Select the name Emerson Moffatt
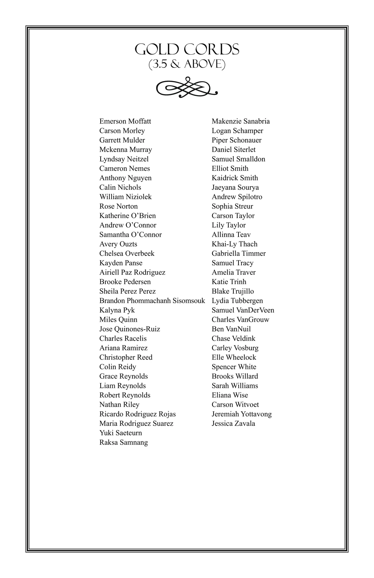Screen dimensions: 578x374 (125, 121)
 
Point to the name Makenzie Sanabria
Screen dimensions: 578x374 (241, 121)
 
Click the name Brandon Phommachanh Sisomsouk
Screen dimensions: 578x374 (152, 301)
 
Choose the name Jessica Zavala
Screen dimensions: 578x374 (233, 423)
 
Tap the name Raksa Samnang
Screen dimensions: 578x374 (123, 442)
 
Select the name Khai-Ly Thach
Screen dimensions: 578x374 (234, 244)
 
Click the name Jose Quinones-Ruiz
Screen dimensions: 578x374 (130, 329)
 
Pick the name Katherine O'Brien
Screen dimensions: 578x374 (127, 216)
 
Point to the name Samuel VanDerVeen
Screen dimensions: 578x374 (243, 310)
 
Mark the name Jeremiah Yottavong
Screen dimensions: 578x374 (242, 414)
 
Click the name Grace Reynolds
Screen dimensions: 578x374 (123, 376)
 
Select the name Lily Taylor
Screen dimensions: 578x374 (229, 225)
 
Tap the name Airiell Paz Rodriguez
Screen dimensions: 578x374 (132, 272)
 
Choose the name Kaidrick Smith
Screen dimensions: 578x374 (235, 178)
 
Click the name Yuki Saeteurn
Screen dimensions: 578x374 (121, 433)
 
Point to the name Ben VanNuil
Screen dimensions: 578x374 (231, 329)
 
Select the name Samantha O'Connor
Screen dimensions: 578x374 (131, 235)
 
